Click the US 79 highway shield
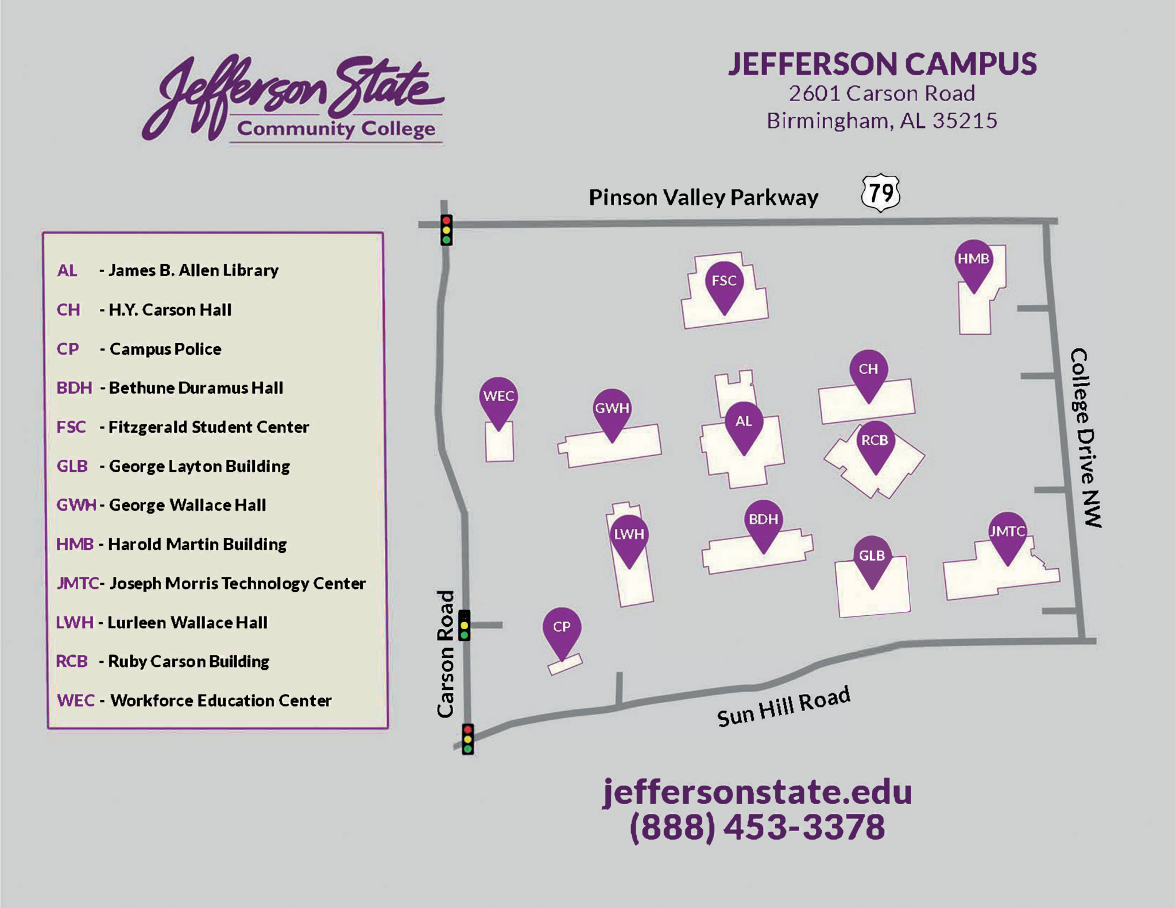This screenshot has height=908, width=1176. (880, 193)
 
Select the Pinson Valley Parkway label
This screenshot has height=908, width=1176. (703, 197)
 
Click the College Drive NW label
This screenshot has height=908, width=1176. (1085, 437)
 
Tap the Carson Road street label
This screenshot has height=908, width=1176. (446, 654)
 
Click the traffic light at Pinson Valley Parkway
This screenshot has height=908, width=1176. (446, 230)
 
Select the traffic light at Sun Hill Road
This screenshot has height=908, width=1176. (468, 739)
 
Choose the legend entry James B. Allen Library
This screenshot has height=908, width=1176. (194, 270)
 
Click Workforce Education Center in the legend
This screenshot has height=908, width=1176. (220, 701)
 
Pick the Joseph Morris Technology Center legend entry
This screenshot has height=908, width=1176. (237, 584)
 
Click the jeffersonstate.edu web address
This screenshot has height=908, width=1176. (757, 793)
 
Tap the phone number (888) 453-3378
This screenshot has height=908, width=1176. (757, 827)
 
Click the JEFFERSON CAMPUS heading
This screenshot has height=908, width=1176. (882, 64)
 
